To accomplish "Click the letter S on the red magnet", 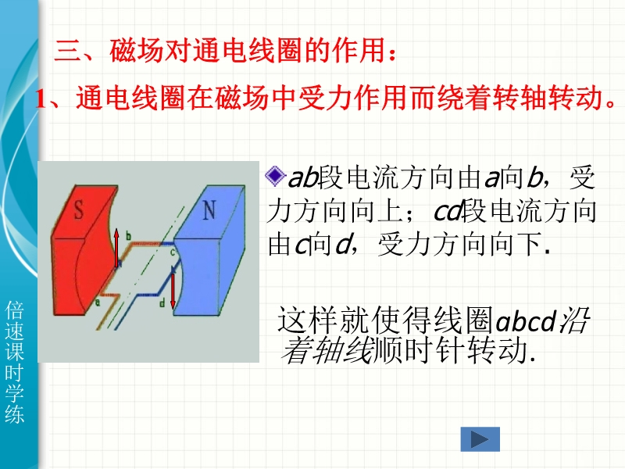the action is [x=79, y=209].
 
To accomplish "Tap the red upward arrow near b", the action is [x=116, y=248].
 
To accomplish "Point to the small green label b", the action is [x=128, y=236].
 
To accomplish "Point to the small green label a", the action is [x=97, y=303].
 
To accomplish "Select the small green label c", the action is [x=173, y=252].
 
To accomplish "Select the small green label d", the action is [x=162, y=303].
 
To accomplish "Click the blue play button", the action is [x=480, y=439].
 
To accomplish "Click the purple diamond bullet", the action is [x=275, y=177].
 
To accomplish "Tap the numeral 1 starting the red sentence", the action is [x=41, y=98].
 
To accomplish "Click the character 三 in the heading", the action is [x=66, y=51].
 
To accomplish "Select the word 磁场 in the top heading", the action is [x=137, y=51].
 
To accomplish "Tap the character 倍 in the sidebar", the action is [x=15, y=310].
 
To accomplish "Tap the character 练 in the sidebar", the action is [x=15, y=414].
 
